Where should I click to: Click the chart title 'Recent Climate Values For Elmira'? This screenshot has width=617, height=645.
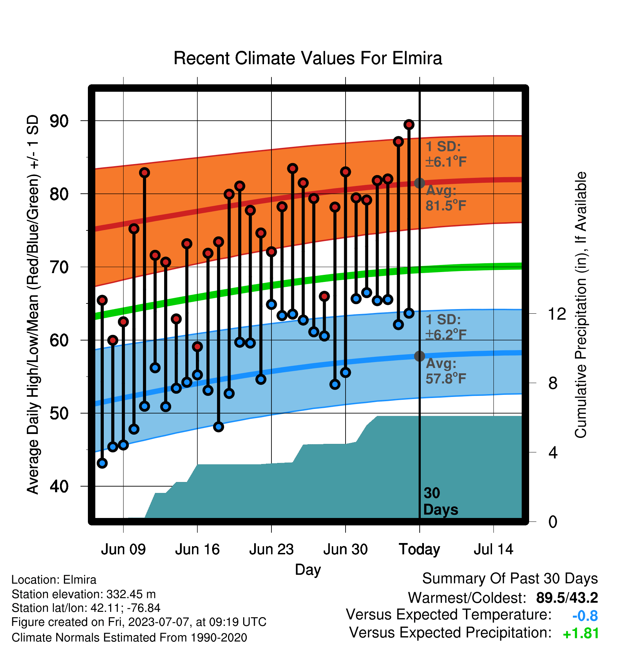click(x=307, y=58)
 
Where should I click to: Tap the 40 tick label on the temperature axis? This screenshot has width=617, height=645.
click(x=59, y=486)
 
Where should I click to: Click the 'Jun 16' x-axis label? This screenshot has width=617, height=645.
click(x=197, y=549)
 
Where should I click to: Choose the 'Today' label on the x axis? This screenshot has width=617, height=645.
click(x=419, y=549)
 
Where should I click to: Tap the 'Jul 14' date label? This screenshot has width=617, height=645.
click(x=493, y=549)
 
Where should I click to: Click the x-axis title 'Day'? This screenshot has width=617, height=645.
click(x=308, y=570)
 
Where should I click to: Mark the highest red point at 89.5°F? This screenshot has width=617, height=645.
click(x=409, y=125)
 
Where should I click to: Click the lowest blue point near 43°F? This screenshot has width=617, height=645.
click(x=102, y=463)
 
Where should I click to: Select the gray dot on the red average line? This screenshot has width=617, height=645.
click(x=419, y=183)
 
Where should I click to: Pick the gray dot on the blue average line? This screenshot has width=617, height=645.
click(x=419, y=356)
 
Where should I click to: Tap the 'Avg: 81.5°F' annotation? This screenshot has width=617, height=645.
click(x=446, y=198)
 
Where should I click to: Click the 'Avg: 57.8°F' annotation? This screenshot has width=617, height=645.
click(x=446, y=371)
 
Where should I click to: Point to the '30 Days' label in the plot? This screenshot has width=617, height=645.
click(x=441, y=501)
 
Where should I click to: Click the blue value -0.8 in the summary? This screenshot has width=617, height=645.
click(x=585, y=616)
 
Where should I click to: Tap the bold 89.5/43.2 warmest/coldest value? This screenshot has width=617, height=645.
click(x=567, y=598)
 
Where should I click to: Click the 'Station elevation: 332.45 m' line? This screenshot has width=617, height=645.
click(x=84, y=594)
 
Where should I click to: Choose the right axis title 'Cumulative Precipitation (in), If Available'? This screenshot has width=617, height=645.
click(x=581, y=305)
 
